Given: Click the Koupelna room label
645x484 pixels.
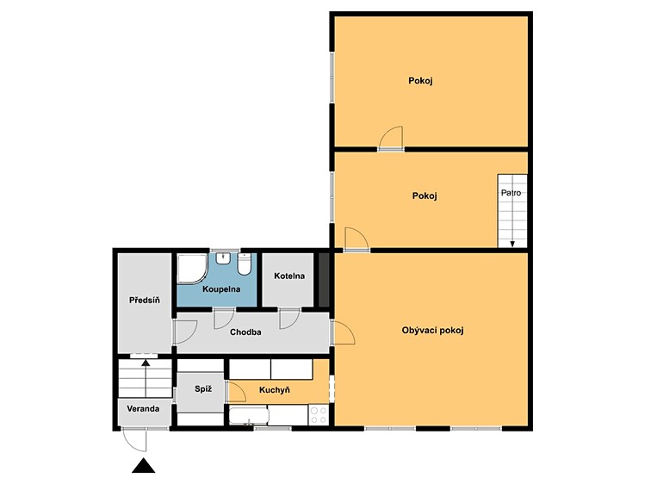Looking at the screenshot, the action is pyautogui.click(x=221, y=289).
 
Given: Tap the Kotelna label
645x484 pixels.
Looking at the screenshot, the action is pyautogui.click(x=289, y=276).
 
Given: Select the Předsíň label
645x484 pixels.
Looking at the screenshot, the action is pyautogui.click(x=145, y=301).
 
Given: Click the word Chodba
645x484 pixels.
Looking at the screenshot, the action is pyautogui.click(x=245, y=332).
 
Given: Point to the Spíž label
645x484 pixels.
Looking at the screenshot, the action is pyautogui.click(x=203, y=388).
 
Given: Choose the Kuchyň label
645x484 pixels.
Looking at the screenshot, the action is pyautogui.click(x=275, y=390).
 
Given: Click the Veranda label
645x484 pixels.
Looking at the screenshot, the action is pyautogui.click(x=143, y=409).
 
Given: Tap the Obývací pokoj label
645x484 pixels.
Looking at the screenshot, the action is pyautogui.click(x=433, y=330).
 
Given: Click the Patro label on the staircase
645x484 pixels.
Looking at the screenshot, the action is pyautogui.click(x=511, y=192).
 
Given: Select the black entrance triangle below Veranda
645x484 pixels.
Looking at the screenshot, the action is pyautogui.click(x=144, y=466).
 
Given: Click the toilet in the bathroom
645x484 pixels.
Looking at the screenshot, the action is pyautogui.click(x=245, y=264).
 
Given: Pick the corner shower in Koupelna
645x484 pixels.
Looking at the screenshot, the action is pyautogui.click(x=192, y=269).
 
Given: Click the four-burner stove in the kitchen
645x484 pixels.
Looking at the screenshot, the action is pyautogui.click(x=319, y=414).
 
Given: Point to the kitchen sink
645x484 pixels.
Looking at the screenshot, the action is pyautogui.click(x=249, y=415).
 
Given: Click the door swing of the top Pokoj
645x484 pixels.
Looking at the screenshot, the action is pyautogui.click(x=391, y=139).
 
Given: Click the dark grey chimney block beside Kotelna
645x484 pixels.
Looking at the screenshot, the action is pyautogui.click(x=324, y=280).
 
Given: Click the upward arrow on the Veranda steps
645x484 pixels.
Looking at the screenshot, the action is pyautogui.click(x=146, y=377).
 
